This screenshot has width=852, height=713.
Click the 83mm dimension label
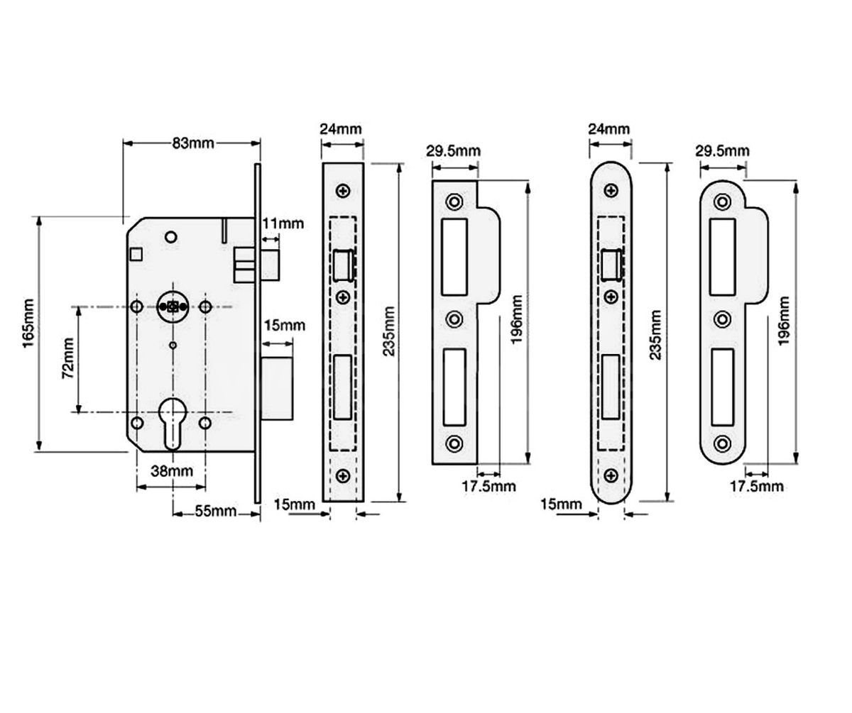tap(193, 143)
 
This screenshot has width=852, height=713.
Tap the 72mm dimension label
tap(67, 358)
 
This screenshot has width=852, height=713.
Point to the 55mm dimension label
tap(216, 512)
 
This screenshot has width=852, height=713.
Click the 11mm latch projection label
tap(283, 224)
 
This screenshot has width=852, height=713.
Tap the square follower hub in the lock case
tap(171, 306)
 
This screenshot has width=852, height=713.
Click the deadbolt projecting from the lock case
tap(277, 389)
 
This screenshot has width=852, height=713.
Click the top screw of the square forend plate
tap(344, 192)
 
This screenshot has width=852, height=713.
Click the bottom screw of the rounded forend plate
tap(611, 475)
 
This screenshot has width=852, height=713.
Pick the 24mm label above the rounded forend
tap(609, 129)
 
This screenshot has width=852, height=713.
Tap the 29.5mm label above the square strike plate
tap(453, 151)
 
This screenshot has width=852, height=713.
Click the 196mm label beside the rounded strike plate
tap(783, 323)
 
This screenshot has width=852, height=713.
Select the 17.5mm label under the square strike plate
tap(488, 486)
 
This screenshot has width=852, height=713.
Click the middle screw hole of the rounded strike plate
tap(723, 319)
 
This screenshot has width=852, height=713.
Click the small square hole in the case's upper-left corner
tap(136, 253)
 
